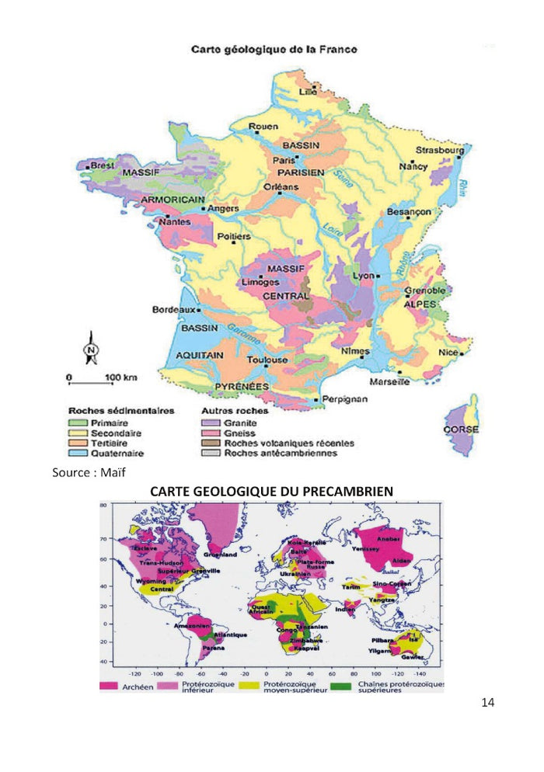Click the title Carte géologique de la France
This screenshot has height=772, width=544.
click(x=274, y=49)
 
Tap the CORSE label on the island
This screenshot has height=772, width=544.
click(x=460, y=429)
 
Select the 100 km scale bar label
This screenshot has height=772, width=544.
click(x=120, y=377)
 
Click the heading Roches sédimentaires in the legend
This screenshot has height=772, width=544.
click(x=121, y=410)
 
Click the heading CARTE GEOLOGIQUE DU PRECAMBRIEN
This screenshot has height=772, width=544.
click(x=271, y=492)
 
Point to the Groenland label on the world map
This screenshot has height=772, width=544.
click(x=220, y=555)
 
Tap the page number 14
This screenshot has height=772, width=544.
click(x=487, y=703)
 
